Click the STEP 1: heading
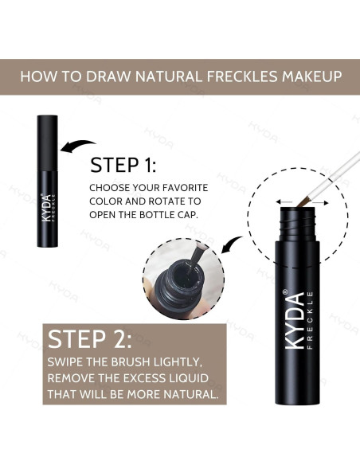pyautogui.click(x=123, y=165)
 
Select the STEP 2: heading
pyautogui.click(x=89, y=339)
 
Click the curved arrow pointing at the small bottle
pyautogui.click(x=79, y=146)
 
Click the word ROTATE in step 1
pyautogui.click(x=159, y=201)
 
